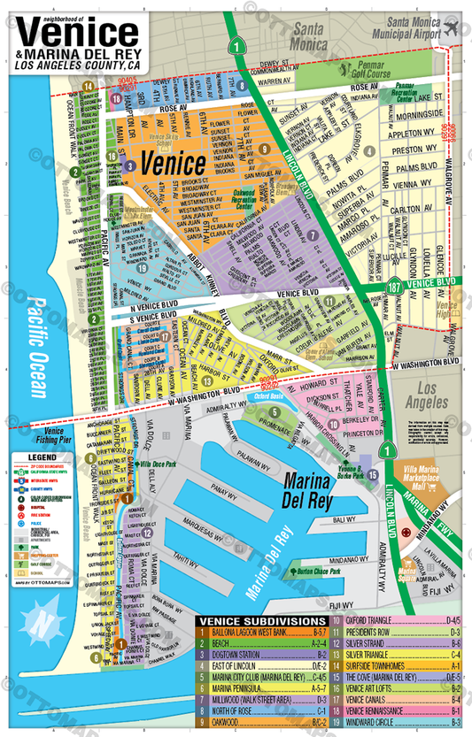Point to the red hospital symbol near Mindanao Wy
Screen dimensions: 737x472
[406, 534]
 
